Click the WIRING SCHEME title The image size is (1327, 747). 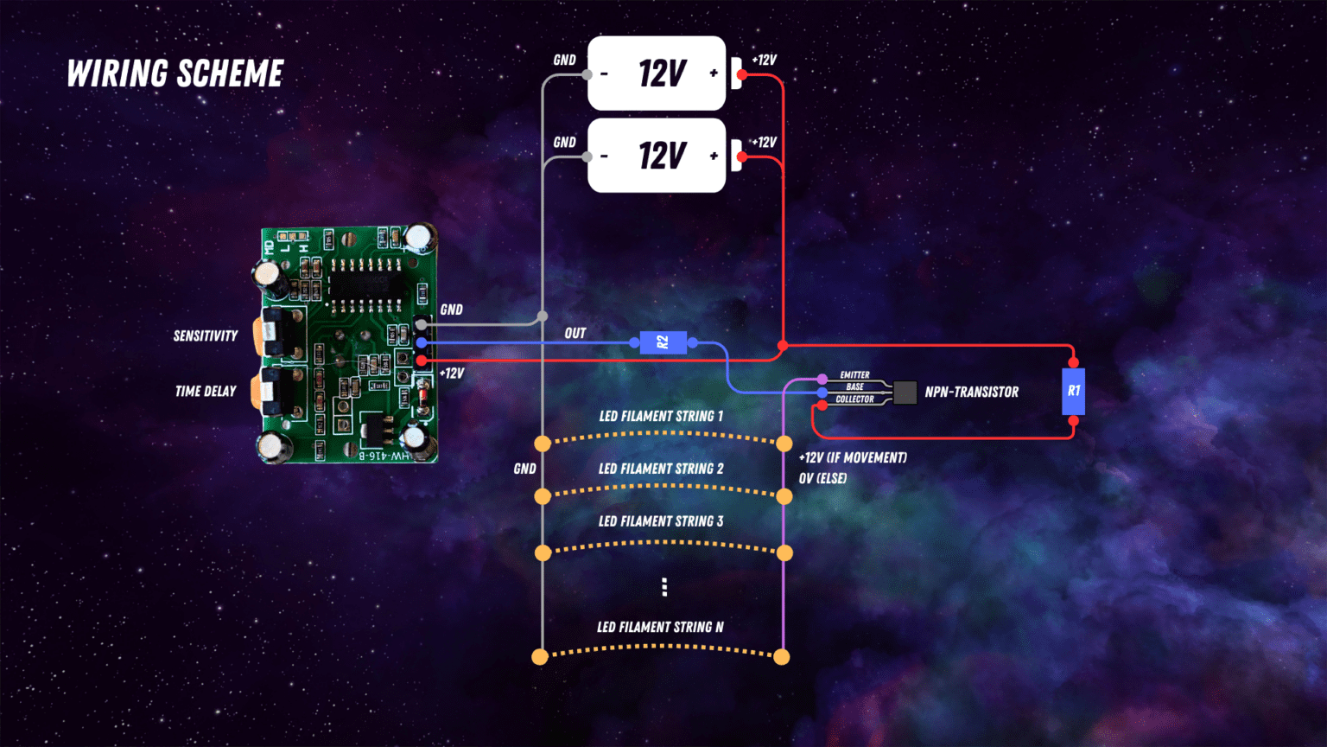[x=175, y=74]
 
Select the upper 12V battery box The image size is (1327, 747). [x=657, y=73]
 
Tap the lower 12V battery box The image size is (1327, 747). [x=657, y=156]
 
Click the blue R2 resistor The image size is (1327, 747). [x=663, y=342]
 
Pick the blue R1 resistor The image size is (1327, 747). [x=1073, y=391]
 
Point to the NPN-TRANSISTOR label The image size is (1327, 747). [x=971, y=393]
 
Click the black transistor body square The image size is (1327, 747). [x=905, y=393]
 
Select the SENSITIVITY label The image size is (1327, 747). [x=206, y=336]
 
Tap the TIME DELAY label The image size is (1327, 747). [x=206, y=392]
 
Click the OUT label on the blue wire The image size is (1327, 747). [x=575, y=333]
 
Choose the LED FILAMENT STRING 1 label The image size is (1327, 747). [x=661, y=417]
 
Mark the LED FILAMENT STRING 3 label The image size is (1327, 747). [x=661, y=521]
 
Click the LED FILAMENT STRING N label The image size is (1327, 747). [x=661, y=627]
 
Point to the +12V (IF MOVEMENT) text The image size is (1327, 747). [x=853, y=457]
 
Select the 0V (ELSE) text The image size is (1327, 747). [x=822, y=478]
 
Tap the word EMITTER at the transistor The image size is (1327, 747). [x=854, y=375]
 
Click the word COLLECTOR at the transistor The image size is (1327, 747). [x=854, y=399]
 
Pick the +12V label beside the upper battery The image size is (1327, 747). [x=764, y=61]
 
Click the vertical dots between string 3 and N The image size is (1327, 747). [x=664, y=587]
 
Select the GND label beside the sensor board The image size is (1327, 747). [x=452, y=310]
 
